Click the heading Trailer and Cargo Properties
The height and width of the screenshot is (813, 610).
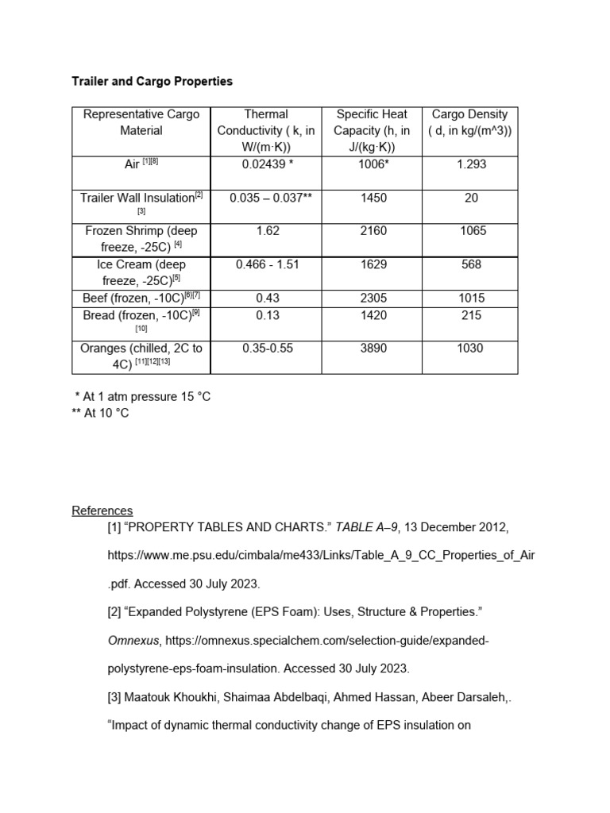coord(152,82)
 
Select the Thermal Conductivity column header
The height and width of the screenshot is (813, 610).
coord(266,130)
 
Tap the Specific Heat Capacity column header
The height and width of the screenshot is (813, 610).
coord(372,130)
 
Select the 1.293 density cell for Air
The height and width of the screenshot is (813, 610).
coord(471,164)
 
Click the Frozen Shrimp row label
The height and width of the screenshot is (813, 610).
coord(141,238)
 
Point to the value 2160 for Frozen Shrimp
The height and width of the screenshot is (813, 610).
coord(373,231)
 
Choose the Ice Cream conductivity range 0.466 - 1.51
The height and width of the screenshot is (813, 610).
coord(267,264)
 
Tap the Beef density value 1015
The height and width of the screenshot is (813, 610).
coord(471,298)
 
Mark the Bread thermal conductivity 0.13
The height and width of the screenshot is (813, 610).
coord(266,315)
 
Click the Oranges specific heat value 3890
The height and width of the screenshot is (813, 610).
coord(373,348)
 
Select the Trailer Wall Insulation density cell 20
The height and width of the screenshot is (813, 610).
coord(471,198)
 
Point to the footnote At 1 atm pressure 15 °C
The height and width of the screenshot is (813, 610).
coord(145,396)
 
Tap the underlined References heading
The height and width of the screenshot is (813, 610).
coord(102,511)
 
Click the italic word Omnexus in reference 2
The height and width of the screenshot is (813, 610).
coord(132,640)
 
